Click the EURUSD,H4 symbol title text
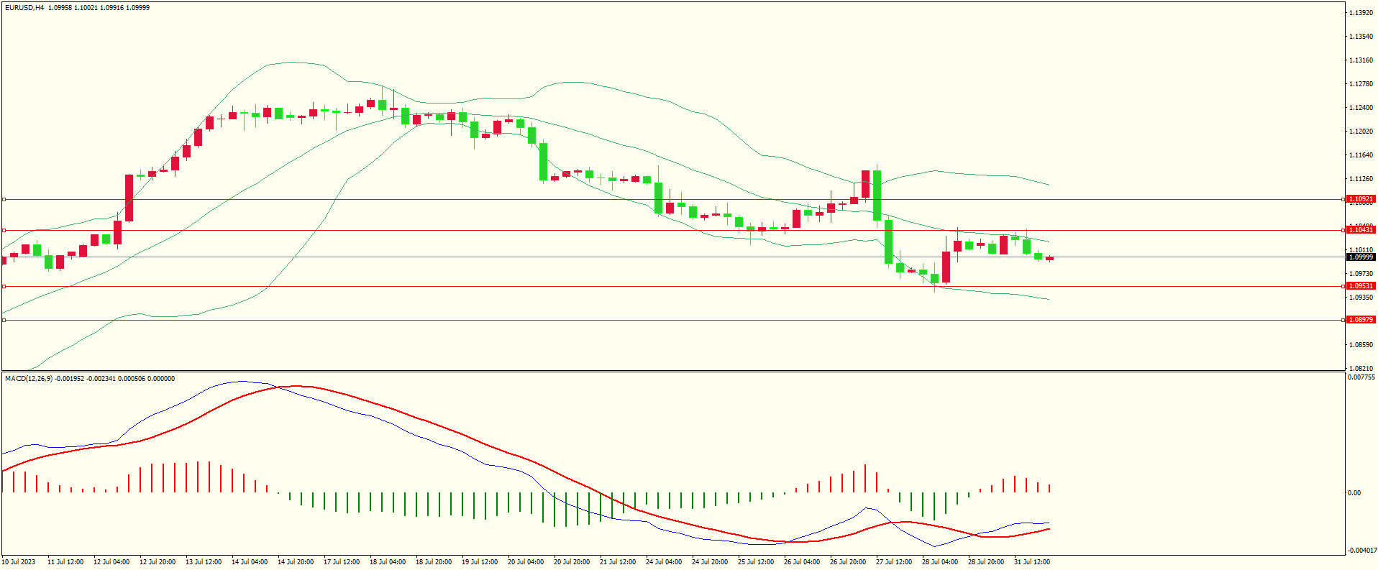24,8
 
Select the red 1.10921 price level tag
1360,199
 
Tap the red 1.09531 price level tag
1360,286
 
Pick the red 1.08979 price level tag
1360,320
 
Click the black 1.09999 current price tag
1360,257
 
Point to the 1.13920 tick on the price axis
1361,13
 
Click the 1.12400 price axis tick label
1361,108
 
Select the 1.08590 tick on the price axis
1361,345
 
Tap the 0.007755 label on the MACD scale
1361,377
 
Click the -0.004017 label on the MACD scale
1361,551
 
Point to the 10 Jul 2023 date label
19,562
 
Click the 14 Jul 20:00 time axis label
296,562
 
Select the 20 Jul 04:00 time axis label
526,562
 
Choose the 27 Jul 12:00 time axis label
894,562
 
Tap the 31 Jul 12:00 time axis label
1032,562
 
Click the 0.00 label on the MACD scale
1354,493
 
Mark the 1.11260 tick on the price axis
1361,179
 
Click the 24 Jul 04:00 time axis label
664,562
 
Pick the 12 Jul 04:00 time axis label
111,562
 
